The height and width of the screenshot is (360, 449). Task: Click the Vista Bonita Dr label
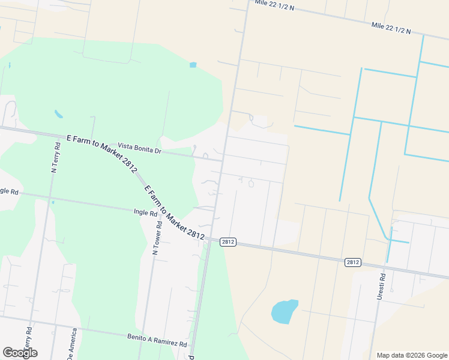click(x=139, y=148)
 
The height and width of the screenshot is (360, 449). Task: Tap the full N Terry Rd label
click(x=56, y=157)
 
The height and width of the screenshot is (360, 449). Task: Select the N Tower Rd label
click(x=158, y=238)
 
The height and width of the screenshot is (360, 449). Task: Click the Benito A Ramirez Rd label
click(x=157, y=340)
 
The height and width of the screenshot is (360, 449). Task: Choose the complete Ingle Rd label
click(x=145, y=212)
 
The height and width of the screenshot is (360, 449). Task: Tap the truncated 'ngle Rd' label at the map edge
click(x=9, y=191)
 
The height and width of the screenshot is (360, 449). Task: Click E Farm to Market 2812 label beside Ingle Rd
click(x=175, y=211)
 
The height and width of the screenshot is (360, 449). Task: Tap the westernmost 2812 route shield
click(x=228, y=242)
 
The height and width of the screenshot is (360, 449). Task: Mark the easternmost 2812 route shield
click(x=352, y=262)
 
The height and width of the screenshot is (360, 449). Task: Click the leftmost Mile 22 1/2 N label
click(x=274, y=5)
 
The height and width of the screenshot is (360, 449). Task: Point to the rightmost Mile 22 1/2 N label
click(x=391, y=28)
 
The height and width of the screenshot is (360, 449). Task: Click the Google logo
click(x=20, y=353)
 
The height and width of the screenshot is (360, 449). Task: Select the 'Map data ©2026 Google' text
click(x=411, y=355)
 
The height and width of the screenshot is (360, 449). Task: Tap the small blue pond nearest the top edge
click(x=193, y=65)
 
